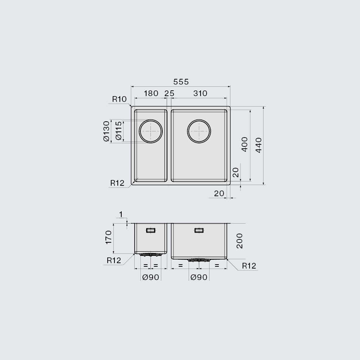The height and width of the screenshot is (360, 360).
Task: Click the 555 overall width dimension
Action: coord(181,82)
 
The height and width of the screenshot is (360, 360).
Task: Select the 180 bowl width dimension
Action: coord(151,94)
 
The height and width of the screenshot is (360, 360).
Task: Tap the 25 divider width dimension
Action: coord(170,94)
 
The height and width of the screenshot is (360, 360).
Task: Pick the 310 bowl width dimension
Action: coord(200,93)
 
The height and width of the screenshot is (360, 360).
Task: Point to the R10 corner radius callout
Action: coord(119,99)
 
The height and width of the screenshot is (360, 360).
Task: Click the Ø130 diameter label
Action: coord(107,131)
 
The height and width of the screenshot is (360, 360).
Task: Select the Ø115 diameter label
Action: coord(118,131)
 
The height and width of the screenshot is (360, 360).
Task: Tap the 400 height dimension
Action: coord(245,144)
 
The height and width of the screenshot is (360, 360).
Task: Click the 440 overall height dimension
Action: coord(258,145)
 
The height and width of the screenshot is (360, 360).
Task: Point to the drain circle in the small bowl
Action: coord(150,120)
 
